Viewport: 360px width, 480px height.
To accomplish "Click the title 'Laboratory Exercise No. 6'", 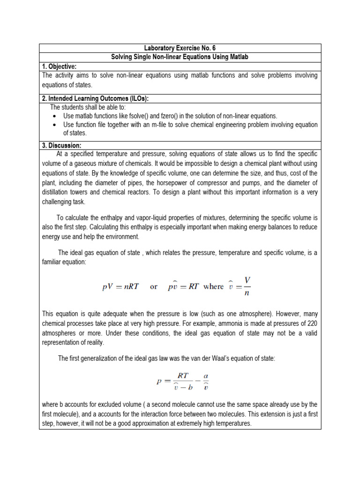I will [180, 48].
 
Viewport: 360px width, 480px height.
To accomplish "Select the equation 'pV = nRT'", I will [120, 287].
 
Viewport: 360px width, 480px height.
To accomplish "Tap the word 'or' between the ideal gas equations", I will [154, 287].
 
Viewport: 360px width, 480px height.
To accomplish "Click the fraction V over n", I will [247, 287].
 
